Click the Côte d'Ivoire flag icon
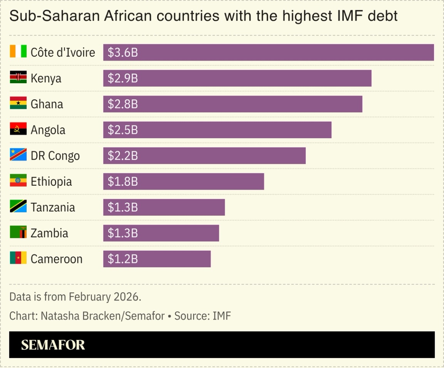pos(18,52)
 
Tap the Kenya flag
pos(18,77)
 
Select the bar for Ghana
pos(233,104)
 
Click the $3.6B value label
pos(123,52)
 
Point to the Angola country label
pos(48,130)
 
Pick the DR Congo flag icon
pos(18,155)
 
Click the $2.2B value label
pos(123,156)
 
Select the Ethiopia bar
pos(183,181)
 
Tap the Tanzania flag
pos(18,207)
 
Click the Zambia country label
pos(49,233)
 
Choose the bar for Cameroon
pos(157,259)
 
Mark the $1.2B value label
pos(123,259)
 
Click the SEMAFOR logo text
pos(53,344)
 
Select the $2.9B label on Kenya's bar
pos(123,78)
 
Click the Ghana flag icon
pos(18,103)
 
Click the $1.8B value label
pos(123,181)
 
